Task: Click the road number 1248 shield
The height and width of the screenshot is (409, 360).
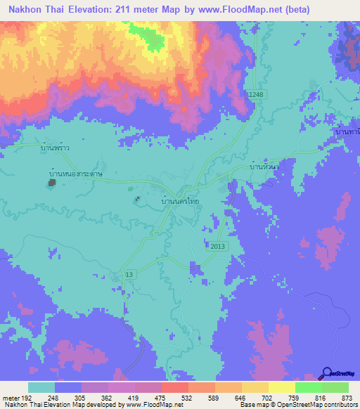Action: click(x=256, y=94)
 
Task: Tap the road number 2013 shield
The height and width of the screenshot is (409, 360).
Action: click(x=218, y=245)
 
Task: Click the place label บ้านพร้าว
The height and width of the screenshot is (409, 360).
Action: click(x=57, y=148)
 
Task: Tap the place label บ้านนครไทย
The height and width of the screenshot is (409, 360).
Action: click(x=184, y=201)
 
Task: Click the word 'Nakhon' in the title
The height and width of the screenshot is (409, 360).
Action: click(x=23, y=11)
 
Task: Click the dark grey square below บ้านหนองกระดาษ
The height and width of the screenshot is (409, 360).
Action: click(x=52, y=183)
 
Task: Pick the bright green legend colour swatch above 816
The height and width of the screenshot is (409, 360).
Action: click(x=309, y=387)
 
